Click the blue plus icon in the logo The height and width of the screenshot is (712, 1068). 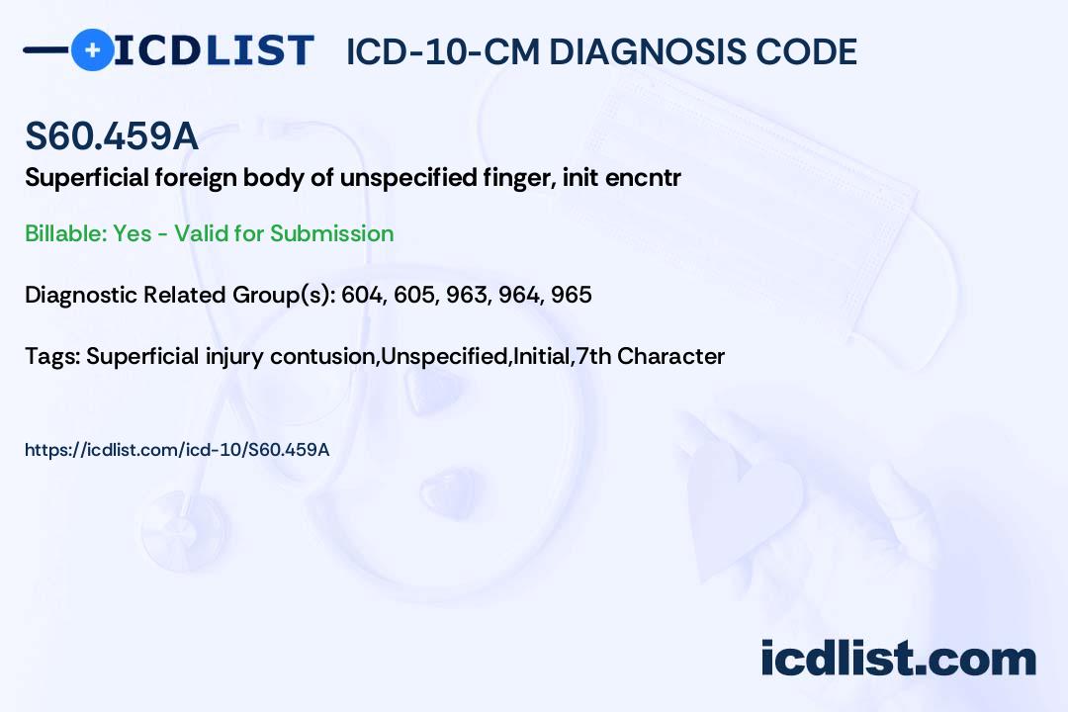[x=93, y=50]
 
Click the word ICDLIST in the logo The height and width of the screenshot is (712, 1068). [x=214, y=50]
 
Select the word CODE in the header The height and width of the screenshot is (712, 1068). [x=798, y=51]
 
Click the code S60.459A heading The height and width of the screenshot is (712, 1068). [x=112, y=135]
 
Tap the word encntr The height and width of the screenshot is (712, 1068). [x=643, y=179]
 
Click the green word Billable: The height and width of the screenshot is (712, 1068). [x=65, y=233]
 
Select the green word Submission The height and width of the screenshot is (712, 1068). [x=331, y=233]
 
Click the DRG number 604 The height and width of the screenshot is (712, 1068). [x=362, y=295]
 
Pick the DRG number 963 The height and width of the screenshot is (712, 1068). [x=467, y=295]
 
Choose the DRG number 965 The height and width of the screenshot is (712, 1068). [x=572, y=295]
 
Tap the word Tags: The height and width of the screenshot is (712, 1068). [x=51, y=356]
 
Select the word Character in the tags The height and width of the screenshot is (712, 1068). [x=670, y=356]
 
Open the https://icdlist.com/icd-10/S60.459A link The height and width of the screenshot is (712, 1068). [x=177, y=450]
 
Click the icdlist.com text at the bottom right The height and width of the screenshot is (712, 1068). [x=898, y=659]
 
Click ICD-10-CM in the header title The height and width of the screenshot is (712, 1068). [x=442, y=51]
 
